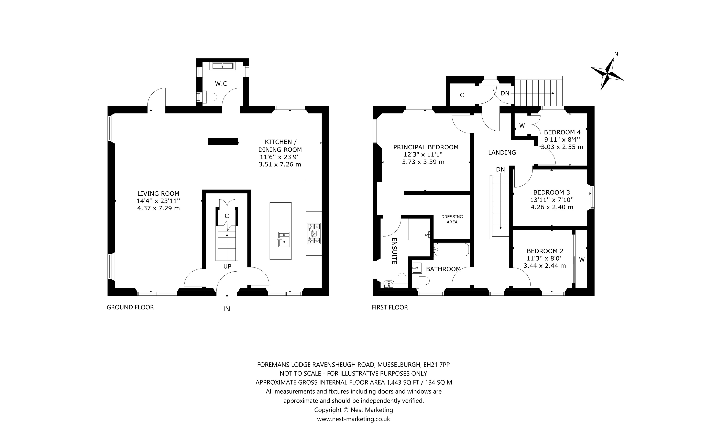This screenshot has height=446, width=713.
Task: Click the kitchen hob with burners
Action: coord(314,234)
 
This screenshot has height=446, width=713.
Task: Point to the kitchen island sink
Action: coord(284,240)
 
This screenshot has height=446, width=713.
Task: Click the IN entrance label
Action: coord(227,309)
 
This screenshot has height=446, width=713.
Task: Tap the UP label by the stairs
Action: coord(227,267)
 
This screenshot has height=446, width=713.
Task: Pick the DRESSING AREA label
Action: coord(452,219)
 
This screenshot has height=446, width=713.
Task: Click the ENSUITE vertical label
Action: coord(394,251)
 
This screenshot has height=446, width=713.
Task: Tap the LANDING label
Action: coord(502,152)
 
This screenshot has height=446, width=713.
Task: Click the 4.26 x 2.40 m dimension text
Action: coord(552,207)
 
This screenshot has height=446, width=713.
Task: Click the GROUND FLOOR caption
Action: coord(130,307)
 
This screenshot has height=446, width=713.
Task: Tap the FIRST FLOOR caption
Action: coord(390,307)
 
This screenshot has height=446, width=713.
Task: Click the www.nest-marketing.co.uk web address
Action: coord(353,419)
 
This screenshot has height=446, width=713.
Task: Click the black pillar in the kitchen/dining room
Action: coord(223,142)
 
